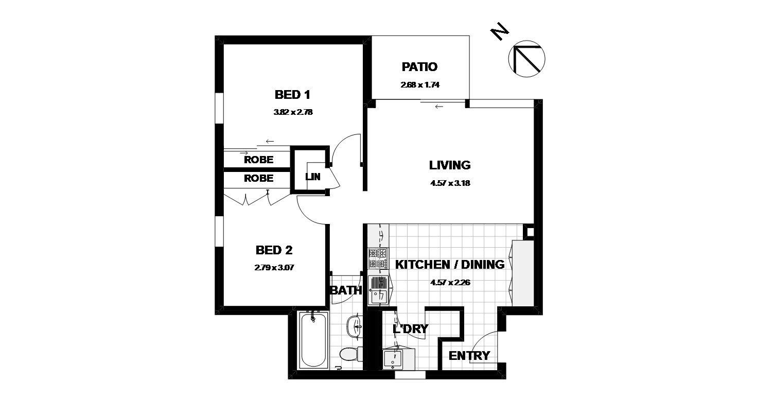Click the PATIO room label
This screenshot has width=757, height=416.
click(419, 67)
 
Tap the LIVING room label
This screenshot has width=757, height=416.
click(450, 165)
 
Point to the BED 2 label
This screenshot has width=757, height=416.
click(274, 251)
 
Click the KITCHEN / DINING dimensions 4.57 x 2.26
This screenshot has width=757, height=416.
click(450, 282)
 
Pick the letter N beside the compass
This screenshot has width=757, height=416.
click(499, 32)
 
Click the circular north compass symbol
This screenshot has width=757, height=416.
click(526, 59)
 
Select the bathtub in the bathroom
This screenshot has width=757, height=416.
click(312, 341)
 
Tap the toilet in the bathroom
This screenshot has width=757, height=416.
click(351, 354)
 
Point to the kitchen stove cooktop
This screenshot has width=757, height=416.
click(378, 258)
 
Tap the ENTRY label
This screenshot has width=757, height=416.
click(469, 356)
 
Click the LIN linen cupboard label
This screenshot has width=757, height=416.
click(313, 177)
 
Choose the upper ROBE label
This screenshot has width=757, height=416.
click(258, 160)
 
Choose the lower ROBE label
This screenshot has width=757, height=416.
click(258, 179)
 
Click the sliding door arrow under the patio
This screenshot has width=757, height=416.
click(438, 107)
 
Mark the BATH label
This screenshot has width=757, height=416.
click(346, 290)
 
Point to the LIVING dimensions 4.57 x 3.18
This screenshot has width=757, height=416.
click(450, 182)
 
